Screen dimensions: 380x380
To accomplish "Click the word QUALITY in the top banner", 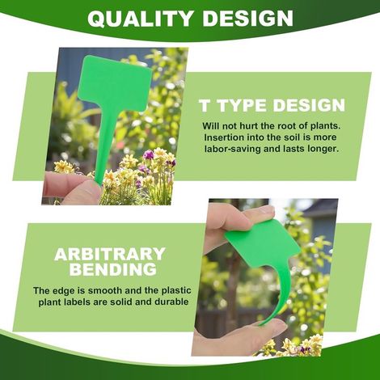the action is click(140, 18).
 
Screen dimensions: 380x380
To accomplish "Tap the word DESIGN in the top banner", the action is click(247, 18).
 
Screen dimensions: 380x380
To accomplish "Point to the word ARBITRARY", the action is click(110, 254).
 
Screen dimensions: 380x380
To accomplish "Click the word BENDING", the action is click(113, 268).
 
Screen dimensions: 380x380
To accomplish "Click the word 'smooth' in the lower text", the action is click(107, 290).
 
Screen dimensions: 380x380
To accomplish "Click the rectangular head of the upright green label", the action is click(115, 82).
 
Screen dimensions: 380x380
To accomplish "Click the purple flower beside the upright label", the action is click(148, 154).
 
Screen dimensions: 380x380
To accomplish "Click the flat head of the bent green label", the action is click(262, 243).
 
